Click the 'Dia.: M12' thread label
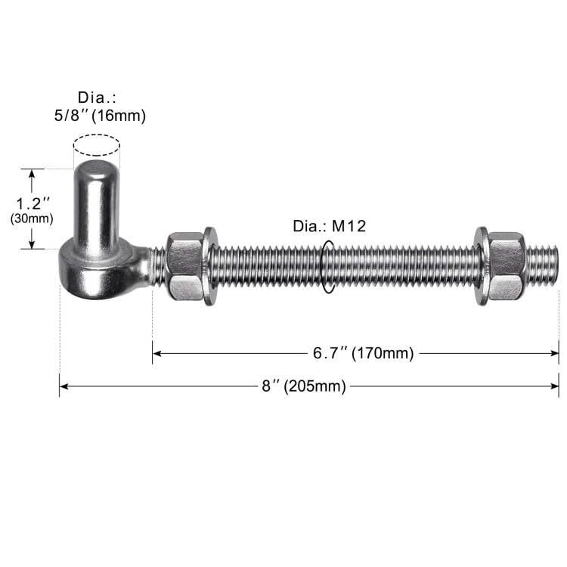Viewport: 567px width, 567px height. coord(329,226)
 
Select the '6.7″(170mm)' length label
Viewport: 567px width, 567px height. coord(363,353)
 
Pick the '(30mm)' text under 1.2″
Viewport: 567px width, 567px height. coord(32,218)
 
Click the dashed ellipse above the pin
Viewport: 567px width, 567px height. coord(97,145)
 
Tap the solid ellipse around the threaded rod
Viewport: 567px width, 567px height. coord(328,267)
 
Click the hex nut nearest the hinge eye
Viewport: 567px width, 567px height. coord(184,266)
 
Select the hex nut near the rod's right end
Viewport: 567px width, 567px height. coord(506,266)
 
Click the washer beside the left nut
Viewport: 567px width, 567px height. coord(209,266)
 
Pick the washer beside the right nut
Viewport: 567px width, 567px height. coord(481,266)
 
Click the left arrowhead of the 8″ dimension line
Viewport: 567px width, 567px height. coord(63,386)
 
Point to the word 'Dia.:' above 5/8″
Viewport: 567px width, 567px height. coord(96,98)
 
